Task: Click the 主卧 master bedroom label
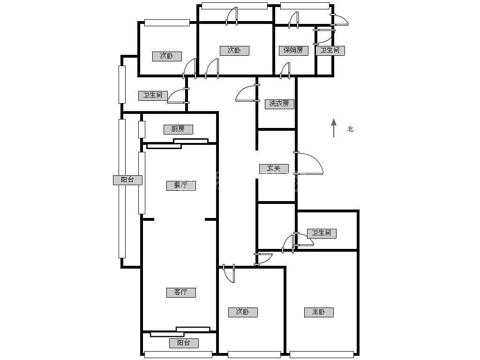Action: coord(319,312)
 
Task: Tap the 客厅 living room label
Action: coord(181,292)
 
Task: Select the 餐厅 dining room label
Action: coord(181,186)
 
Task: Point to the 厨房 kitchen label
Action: coord(178,129)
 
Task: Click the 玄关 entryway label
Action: coord(274,169)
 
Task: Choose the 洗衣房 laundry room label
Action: coord(279,104)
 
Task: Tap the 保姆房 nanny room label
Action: coord(293,51)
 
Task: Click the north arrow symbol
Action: coord(334,128)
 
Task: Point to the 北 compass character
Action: coord(351,129)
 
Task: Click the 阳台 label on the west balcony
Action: coord(127,180)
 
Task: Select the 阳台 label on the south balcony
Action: coord(184,343)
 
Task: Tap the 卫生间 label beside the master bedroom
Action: coord(322,233)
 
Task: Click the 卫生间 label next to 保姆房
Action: coord(330,51)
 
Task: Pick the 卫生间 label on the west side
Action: coord(153,96)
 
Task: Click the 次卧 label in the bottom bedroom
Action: coord(243,312)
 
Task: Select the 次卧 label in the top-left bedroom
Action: coord(167,56)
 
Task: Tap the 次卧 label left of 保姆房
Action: coord(234,51)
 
